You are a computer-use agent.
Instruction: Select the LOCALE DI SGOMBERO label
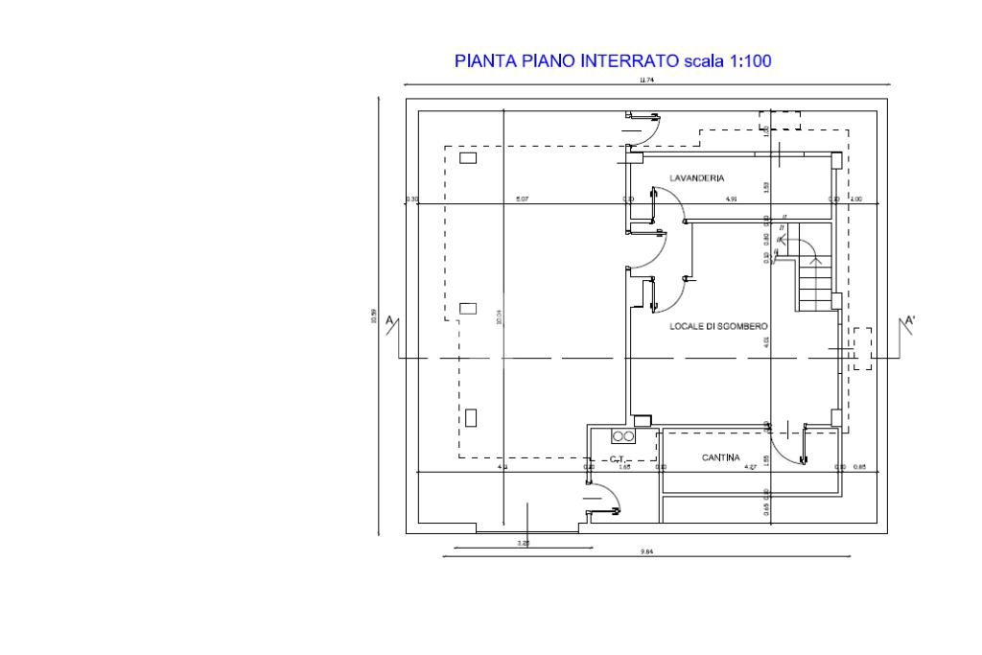[718, 327]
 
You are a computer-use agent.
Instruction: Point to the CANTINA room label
[720, 458]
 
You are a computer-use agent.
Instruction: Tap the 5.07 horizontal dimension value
[522, 199]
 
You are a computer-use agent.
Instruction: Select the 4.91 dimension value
[731, 199]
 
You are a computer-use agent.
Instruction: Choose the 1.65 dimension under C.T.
[624, 467]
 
